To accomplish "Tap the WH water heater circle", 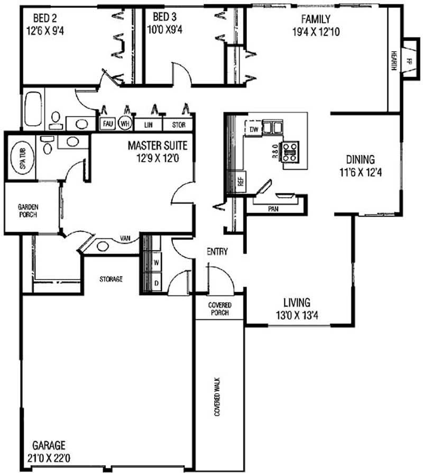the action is point(125,123).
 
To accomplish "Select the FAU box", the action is point(108,124).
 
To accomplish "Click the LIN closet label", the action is point(148,125).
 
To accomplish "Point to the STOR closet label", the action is point(179,125).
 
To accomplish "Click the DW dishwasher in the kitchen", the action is point(254,129).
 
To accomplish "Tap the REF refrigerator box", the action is point(241,182).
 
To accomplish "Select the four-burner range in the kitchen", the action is point(291,152).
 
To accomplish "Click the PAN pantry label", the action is point(273,209).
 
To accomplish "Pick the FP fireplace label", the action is point(409,61).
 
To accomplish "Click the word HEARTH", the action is point(394,61).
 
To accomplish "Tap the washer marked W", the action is point(157,263).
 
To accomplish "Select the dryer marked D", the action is point(157,283).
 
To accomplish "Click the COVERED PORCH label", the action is point(219,309).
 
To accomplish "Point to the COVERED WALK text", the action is point(217,397).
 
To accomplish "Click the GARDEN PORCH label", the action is point(28,210).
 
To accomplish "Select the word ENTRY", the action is point(217,251).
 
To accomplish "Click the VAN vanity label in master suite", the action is point(125,238).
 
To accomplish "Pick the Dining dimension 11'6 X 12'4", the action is point(361,172).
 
